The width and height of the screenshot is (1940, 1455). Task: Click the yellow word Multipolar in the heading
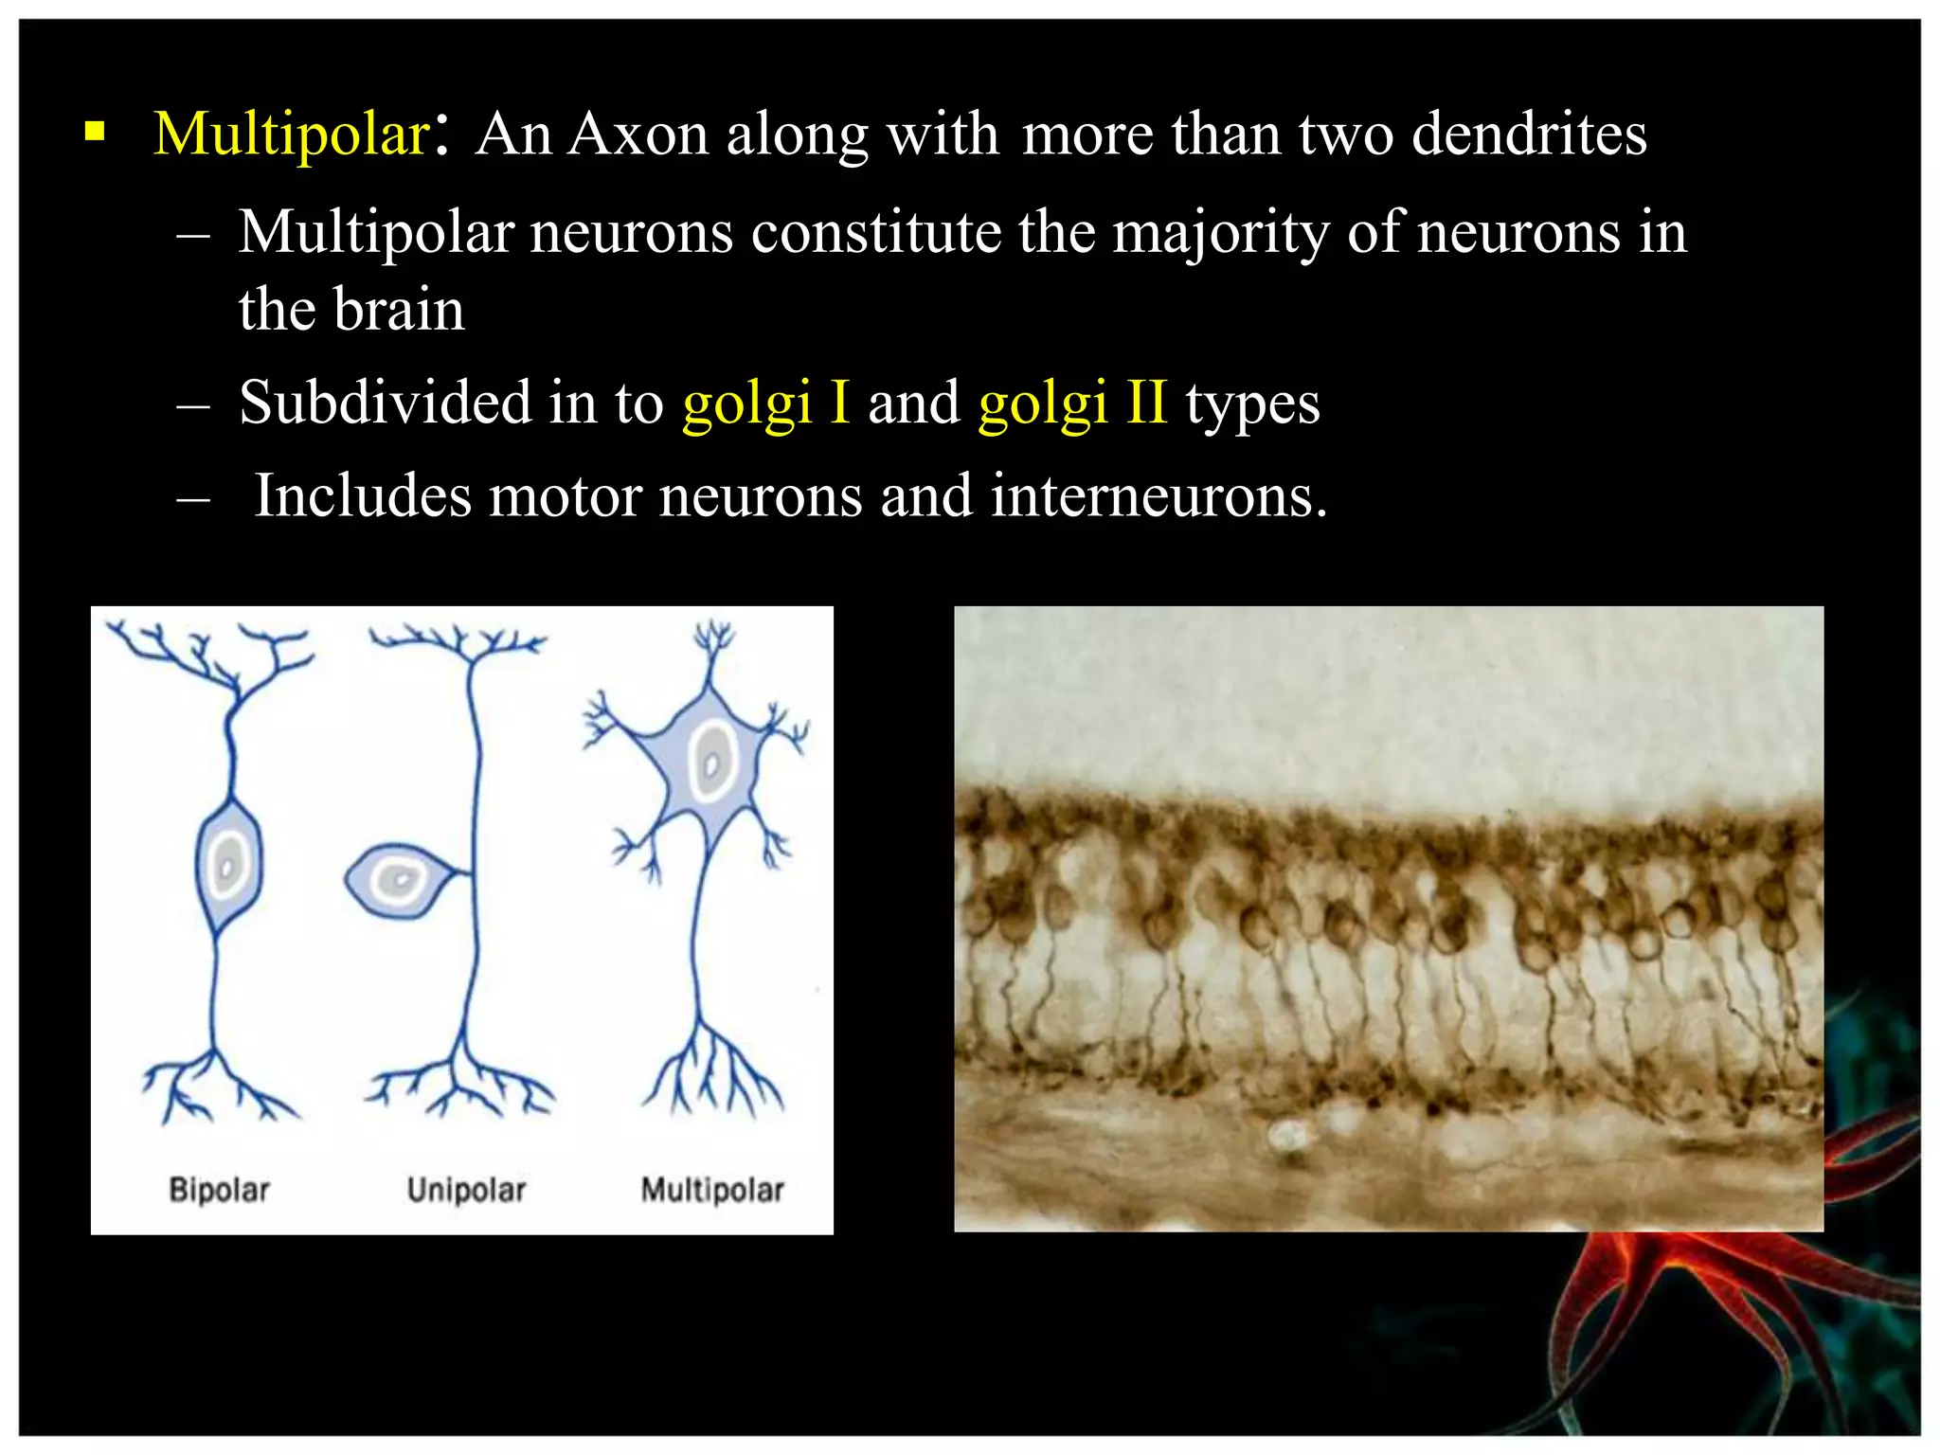(x=292, y=134)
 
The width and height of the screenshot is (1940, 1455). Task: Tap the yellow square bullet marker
(x=94, y=131)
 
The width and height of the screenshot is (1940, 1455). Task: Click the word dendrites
(x=1529, y=134)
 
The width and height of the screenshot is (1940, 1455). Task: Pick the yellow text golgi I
(x=765, y=403)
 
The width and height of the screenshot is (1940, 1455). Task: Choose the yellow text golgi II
(x=1072, y=403)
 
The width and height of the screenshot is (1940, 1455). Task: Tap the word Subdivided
(x=385, y=403)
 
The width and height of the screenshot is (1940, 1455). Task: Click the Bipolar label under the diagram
(x=219, y=1190)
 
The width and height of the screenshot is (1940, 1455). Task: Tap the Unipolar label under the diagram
(x=466, y=1190)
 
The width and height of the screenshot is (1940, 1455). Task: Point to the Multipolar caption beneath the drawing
(x=712, y=1190)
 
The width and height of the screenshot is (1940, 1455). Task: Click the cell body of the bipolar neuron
(x=227, y=864)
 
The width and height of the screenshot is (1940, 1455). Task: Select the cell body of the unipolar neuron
(x=396, y=880)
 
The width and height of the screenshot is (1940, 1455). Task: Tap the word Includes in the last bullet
(x=363, y=495)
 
